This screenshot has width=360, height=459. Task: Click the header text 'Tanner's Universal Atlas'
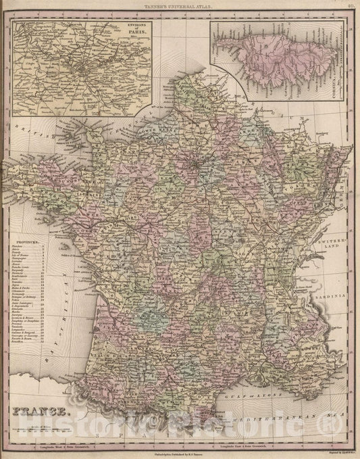tap(180, 7)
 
